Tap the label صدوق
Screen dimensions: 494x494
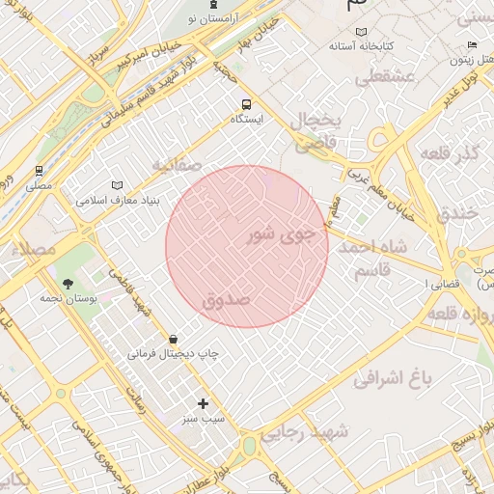tap(227, 300)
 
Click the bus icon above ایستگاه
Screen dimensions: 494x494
tap(247, 103)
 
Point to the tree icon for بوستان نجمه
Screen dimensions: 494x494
tap(68, 283)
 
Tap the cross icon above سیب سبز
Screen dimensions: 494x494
tap(203, 403)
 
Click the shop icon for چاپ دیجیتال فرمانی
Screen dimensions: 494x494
tap(173, 339)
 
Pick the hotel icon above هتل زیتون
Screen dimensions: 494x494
tap(471, 44)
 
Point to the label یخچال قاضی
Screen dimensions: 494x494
tap(317, 132)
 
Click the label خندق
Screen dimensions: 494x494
tap(458, 213)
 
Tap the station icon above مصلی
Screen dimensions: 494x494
tap(40, 168)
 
